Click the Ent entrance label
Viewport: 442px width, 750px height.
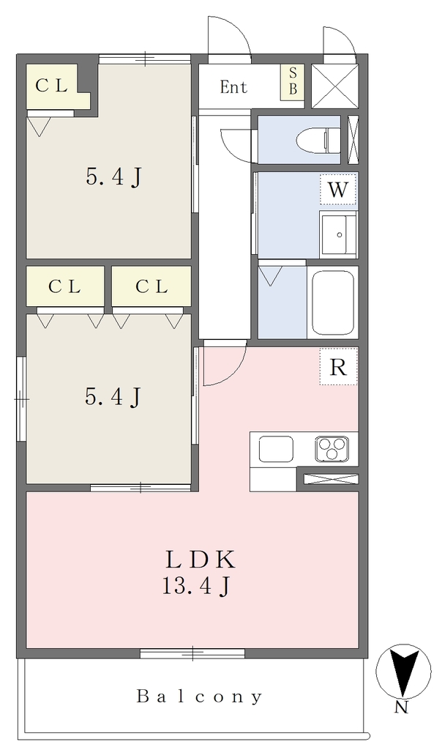point(233,87)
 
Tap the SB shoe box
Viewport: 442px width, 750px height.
point(293,81)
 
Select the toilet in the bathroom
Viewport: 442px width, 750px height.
point(318,140)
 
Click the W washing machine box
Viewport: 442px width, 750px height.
point(338,190)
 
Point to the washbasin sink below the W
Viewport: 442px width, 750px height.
point(339,234)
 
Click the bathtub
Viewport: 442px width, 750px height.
point(333,301)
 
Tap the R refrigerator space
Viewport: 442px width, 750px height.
point(338,367)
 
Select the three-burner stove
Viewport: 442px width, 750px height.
point(332,449)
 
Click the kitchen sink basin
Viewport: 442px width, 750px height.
point(276,449)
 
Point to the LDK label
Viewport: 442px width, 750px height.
point(200,560)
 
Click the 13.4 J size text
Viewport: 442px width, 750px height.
point(198,585)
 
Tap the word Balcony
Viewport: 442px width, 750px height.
point(200,696)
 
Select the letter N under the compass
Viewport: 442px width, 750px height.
point(401,708)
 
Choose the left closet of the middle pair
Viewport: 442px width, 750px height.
point(65,286)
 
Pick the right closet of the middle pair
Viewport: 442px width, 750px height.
point(151,286)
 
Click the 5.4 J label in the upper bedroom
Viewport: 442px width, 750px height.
point(113,178)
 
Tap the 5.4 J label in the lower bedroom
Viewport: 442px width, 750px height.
point(113,397)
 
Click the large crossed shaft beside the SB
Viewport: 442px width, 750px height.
point(334,86)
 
